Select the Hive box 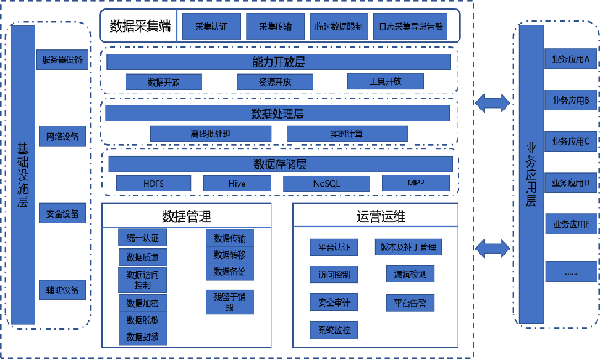(x=237, y=183)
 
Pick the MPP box (x=415, y=183)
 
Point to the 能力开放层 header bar (x=278, y=62)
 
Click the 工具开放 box (x=385, y=81)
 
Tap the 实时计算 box (x=346, y=133)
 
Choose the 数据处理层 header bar (x=278, y=113)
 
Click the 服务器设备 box (x=62, y=60)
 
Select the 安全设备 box (x=62, y=213)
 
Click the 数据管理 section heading (x=186, y=217)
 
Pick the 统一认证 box (x=142, y=238)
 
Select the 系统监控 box (x=334, y=328)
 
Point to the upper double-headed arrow (x=492, y=103)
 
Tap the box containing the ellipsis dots (x=570, y=272)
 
